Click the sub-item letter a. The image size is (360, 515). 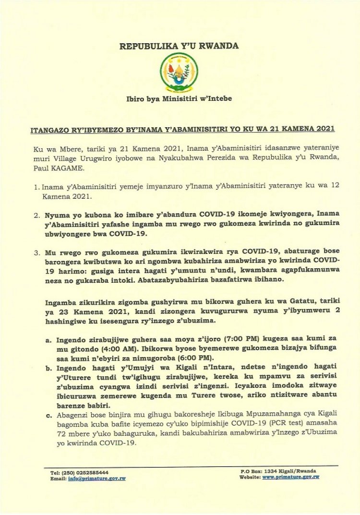48,339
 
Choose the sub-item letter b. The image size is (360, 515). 48,373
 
